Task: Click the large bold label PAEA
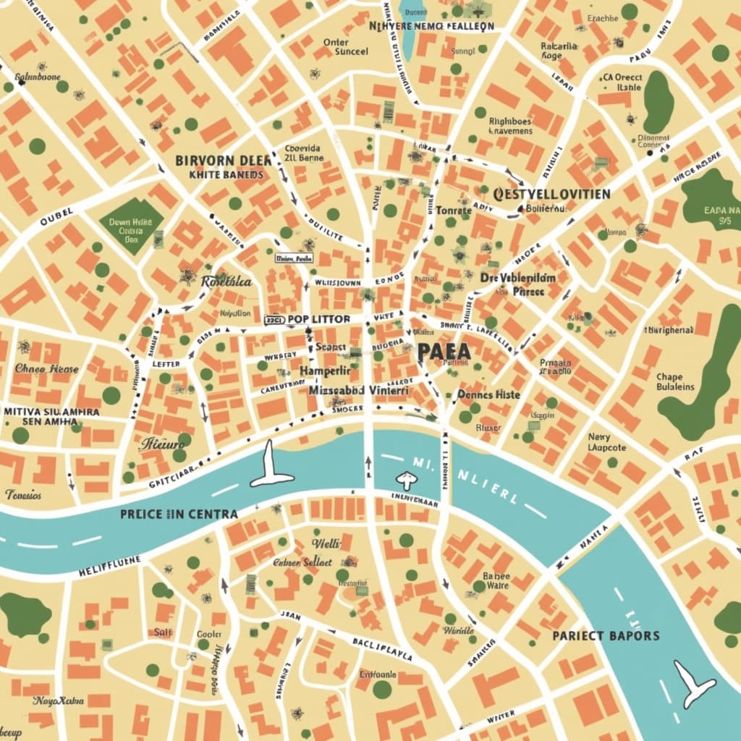click(x=444, y=351)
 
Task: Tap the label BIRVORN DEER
click(x=224, y=161)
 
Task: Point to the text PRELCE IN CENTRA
click(x=179, y=513)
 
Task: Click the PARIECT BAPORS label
click(x=606, y=635)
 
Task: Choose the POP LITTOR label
click(x=318, y=319)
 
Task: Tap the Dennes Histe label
click(x=489, y=394)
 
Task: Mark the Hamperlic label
click(x=325, y=370)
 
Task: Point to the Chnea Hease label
click(x=46, y=368)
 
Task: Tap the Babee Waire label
click(x=496, y=580)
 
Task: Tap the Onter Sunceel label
click(x=346, y=47)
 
